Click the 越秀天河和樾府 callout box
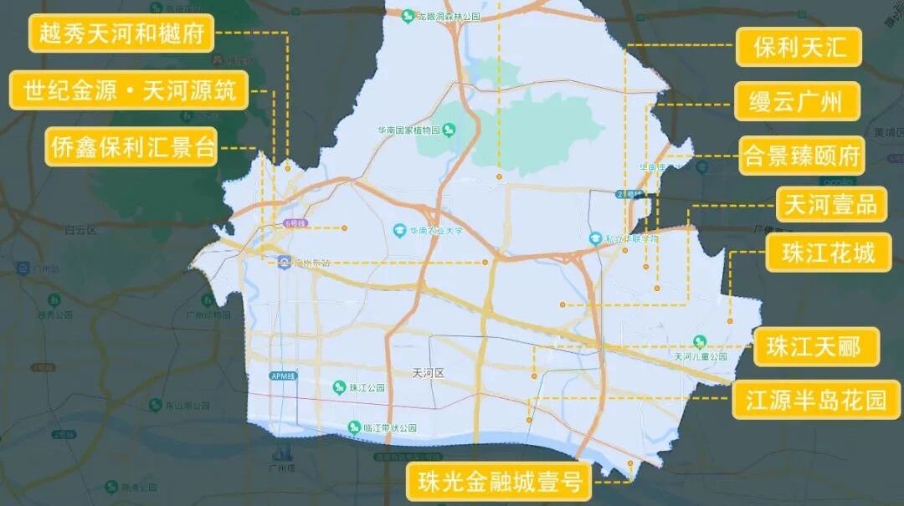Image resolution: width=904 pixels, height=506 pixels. point(121,33)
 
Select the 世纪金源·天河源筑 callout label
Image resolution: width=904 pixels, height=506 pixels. point(129,90)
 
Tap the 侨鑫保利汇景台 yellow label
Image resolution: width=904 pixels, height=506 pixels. point(132,148)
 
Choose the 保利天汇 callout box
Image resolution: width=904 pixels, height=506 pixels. point(799,47)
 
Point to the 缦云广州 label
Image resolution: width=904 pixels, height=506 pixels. point(799,101)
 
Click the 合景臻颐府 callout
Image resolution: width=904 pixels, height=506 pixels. point(801,156)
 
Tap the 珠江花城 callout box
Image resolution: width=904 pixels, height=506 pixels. point(828,253)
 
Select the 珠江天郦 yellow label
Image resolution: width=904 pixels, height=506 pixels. point(816,346)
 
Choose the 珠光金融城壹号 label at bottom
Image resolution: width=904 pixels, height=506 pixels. point(499,481)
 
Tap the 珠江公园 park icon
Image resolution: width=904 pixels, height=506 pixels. point(339,386)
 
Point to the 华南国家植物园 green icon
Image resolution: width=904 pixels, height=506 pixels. point(449,130)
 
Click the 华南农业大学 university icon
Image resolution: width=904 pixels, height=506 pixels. point(400,230)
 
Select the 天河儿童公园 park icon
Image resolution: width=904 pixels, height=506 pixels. point(701,341)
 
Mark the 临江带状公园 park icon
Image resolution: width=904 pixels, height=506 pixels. point(354,427)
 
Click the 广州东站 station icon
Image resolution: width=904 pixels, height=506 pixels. point(285,263)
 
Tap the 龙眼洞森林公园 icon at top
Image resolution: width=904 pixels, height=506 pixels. point(407,16)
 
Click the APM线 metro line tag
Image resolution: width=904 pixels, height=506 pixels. point(283,376)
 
